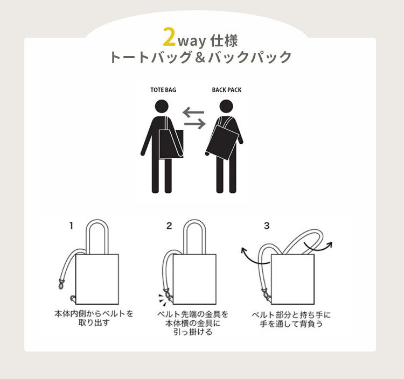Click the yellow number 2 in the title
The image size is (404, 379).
169,37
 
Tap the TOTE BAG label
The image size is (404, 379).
163,90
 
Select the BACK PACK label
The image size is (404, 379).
227,90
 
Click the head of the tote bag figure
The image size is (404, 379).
162,107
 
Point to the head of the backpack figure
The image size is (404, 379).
226,107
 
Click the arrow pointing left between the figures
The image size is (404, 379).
193,113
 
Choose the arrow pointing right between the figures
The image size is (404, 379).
195,124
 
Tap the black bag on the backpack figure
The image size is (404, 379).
222,142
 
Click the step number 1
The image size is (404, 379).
71,226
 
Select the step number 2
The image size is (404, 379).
169,226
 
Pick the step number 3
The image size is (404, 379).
267,226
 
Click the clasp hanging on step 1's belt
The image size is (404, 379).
61,284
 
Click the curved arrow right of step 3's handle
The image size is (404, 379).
318,246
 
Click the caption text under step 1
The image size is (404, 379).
94,318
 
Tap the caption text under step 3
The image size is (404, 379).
291,319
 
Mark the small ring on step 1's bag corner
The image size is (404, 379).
73,298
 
